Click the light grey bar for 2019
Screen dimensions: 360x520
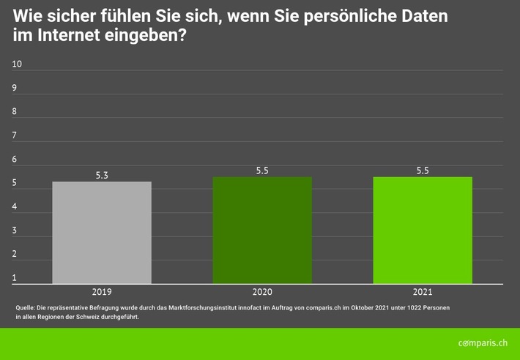pos(102,233)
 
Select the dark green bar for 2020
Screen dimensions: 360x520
pos(262,230)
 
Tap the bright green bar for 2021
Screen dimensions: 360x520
pos(423,230)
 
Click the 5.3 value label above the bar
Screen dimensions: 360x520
pos(102,176)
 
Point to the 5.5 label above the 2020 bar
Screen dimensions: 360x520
pos(262,170)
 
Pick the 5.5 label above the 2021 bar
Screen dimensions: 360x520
pos(423,170)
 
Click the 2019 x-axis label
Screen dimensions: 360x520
pos(102,291)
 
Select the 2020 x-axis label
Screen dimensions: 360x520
pos(262,291)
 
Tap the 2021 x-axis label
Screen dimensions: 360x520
pos(423,291)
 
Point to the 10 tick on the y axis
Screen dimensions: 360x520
pos(18,64)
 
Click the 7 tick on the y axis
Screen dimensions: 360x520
pos(15,135)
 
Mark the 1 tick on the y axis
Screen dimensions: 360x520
pos(15,278)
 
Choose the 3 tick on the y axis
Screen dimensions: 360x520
pos(15,230)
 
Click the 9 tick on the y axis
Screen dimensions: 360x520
pos(15,88)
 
